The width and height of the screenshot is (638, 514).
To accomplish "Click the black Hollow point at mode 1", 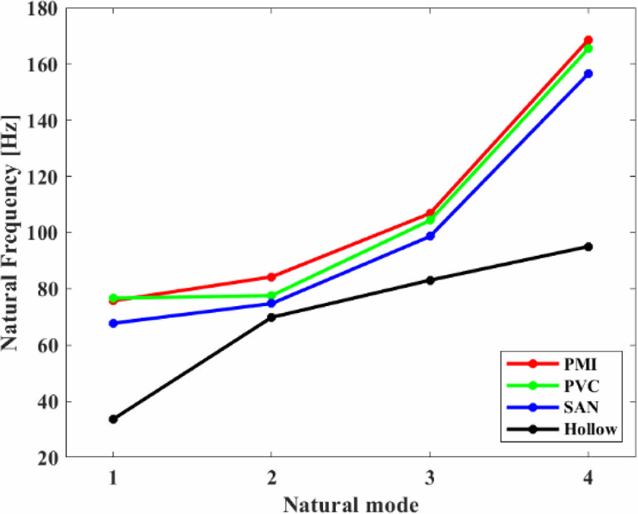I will pos(113,419).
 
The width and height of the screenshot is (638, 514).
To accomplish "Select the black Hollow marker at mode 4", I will pos(588,247).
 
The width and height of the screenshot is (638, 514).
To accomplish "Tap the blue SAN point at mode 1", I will pos(113,323).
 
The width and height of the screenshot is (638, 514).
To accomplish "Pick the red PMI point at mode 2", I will pos(271,277).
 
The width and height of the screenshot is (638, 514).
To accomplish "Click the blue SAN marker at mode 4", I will pos(588,74).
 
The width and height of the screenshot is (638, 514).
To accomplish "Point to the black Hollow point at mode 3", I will pos(430,280).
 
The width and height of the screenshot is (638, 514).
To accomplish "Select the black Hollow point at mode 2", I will pos(271,317).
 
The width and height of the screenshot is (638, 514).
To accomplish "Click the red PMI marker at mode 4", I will pos(588,40).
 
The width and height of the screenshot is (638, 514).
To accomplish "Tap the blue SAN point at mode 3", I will pos(430,236).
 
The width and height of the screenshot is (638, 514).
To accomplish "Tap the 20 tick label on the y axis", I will pos(51,458).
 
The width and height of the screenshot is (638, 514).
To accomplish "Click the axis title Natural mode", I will pos(350,503).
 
